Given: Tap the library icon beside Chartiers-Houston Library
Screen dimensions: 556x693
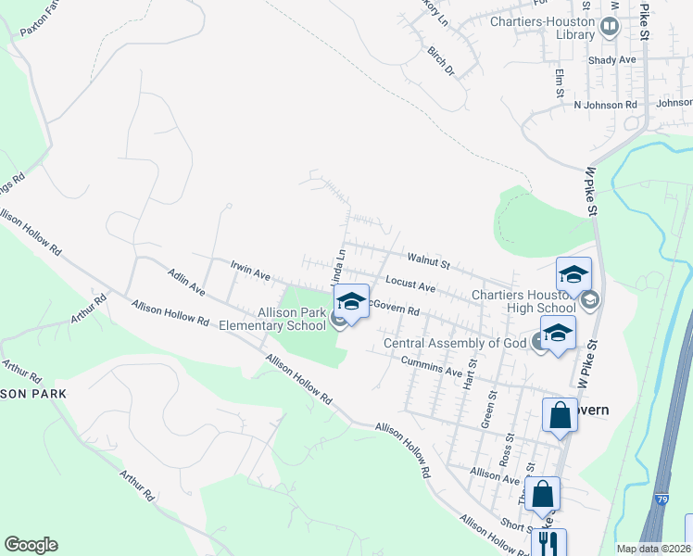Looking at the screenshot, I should pyautogui.click(x=609, y=26).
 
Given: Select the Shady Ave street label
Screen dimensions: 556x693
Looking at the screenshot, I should pyautogui.click(x=612, y=60).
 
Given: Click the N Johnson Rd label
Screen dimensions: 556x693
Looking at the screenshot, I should pyautogui.click(x=606, y=105).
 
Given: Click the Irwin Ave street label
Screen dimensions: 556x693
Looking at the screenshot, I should pyautogui.click(x=249, y=272).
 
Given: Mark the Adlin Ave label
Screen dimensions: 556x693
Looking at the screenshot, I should pyautogui.click(x=186, y=283).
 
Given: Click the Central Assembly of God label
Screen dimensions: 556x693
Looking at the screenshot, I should pyautogui.click(x=455, y=344).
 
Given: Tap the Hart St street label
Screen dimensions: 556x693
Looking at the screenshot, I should pyautogui.click(x=471, y=373).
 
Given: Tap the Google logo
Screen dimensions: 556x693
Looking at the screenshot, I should pyautogui.click(x=31, y=545).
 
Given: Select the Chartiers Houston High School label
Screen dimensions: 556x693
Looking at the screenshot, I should pyautogui.click(x=523, y=301).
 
